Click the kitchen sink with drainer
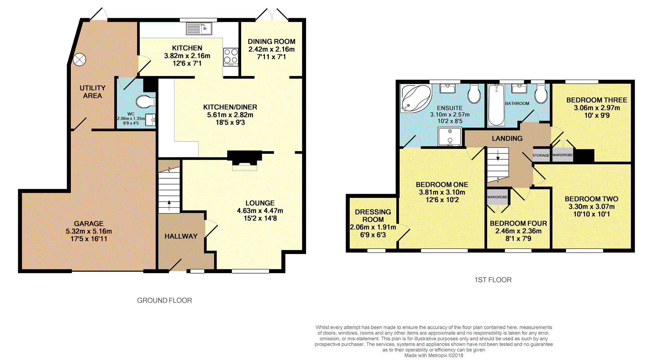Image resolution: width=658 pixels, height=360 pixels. (199, 29)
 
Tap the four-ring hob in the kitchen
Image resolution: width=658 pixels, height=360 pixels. (231, 57)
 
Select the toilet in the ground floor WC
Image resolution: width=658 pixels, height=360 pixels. (146, 102)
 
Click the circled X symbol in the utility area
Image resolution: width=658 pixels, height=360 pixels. (79, 59)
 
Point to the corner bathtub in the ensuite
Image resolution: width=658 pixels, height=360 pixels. (416, 98)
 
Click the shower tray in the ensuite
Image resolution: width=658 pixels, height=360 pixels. (449, 136)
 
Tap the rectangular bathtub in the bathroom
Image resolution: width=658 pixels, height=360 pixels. (496, 105)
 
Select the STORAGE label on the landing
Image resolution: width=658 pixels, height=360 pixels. (541, 155)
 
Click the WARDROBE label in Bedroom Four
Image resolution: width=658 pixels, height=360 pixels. (497, 197)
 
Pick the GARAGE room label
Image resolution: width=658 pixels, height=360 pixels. (89, 224)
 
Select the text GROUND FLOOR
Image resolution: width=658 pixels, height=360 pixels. (164, 300)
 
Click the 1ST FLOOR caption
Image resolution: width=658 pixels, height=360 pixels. (493, 280)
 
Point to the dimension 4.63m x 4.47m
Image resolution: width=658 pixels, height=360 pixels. (260, 211)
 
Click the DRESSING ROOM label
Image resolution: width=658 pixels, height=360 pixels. (373, 216)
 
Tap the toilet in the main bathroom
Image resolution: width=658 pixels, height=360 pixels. (541, 93)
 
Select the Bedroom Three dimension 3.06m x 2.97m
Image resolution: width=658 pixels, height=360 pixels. (597, 108)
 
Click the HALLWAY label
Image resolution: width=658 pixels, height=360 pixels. (181, 236)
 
